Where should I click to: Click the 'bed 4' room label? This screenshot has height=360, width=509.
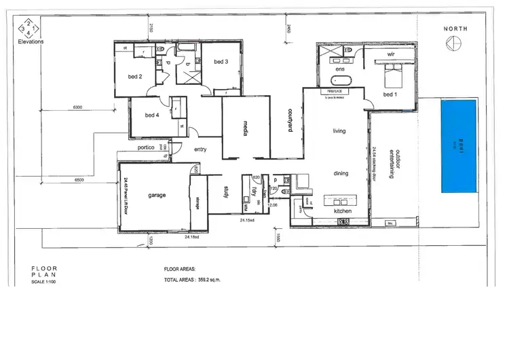[151, 115]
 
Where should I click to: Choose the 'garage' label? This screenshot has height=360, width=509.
[157, 195]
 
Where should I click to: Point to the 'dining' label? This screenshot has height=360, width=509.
[340, 173]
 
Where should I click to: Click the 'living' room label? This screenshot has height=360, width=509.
[339, 130]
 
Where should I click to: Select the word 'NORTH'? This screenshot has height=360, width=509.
[455, 29]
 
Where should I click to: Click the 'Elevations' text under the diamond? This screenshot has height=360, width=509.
[31, 41]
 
